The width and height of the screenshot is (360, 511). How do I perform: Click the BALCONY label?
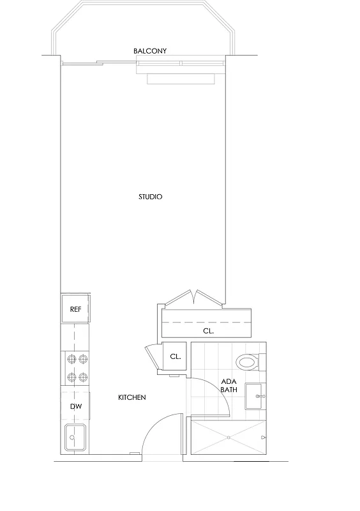click(150, 50)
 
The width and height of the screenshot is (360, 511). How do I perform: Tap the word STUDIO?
click(151, 197)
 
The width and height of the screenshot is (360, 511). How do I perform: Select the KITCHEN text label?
click(132, 397)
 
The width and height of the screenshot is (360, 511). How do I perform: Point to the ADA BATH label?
click(229, 385)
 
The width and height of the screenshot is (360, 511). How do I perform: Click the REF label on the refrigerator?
click(75, 309)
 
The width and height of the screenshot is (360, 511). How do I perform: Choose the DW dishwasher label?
click(75, 405)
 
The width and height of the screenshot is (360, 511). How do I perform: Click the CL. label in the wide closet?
click(208, 332)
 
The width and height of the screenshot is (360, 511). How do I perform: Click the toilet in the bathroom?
click(247, 362)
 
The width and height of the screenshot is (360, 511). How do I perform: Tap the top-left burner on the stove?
click(70, 360)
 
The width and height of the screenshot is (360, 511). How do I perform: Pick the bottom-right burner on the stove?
click(82, 377)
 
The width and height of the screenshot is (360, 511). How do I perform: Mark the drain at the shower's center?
click(229, 438)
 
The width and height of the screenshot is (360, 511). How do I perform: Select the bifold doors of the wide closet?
click(195, 298)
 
